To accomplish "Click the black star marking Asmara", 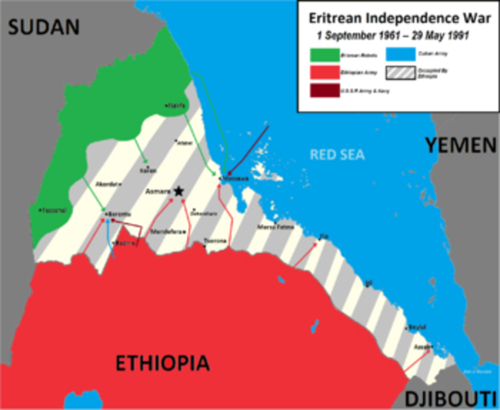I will pyautogui.click(x=179, y=192).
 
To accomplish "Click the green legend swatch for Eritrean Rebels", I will pyautogui.click(x=323, y=54).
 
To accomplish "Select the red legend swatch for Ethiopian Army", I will pyautogui.click(x=323, y=72).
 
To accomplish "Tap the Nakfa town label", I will pyautogui.click(x=177, y=105).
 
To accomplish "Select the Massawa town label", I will pyautogui.click(x=235, y=178).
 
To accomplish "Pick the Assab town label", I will pyautogui.click(x=421, y=348).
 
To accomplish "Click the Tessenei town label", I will pyautogui.click(x=53, y=208).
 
